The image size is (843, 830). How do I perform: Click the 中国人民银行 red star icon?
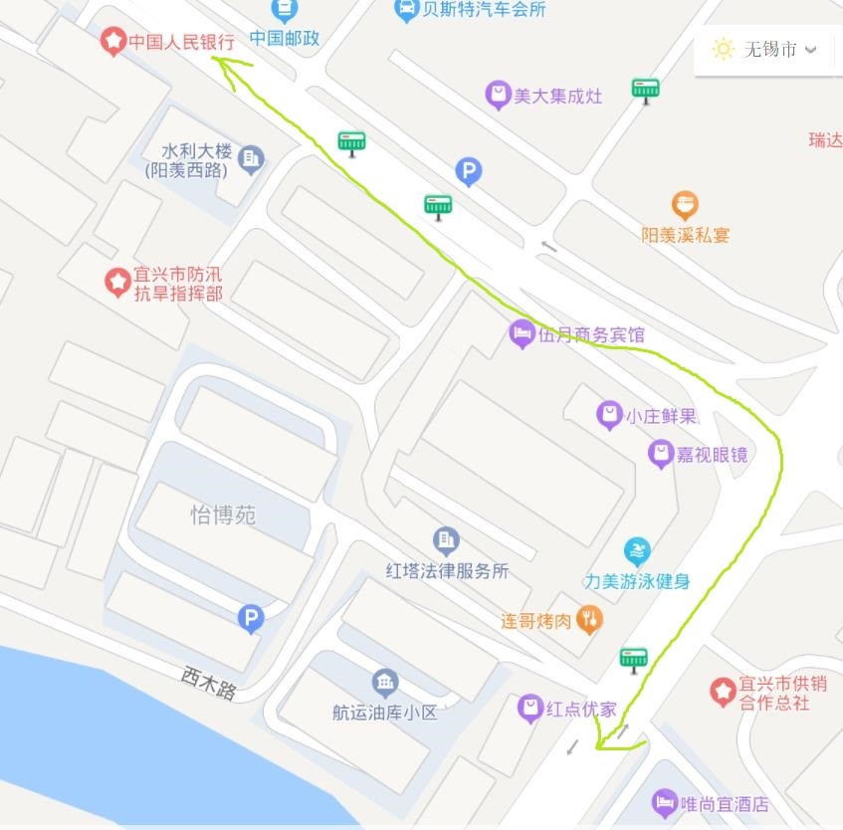(112, 42)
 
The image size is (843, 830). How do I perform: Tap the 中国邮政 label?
(284, 39)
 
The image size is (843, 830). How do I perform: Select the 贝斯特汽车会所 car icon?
(406, 10)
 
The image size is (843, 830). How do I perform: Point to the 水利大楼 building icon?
(251, 158)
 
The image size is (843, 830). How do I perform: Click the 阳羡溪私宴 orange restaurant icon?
(685, 206)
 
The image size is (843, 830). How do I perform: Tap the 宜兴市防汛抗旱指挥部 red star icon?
(118, 282)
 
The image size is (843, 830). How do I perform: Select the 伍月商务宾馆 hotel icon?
(522, 334)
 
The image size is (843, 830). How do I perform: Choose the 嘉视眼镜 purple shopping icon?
(660, 455)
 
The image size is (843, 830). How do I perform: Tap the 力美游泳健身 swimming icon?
(637, 551)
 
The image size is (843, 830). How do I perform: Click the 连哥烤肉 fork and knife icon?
(590, 620)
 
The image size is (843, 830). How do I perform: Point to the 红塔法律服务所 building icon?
(447, 541)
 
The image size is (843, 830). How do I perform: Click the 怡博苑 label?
(223, 515)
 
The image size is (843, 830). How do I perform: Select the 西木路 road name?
(209, 683)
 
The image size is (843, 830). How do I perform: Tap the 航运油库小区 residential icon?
(385, 683)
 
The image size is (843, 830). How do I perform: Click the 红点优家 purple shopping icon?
(530, 709)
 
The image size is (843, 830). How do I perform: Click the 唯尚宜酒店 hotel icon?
(665, 802)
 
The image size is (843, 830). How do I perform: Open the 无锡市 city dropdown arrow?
(811, 49)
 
